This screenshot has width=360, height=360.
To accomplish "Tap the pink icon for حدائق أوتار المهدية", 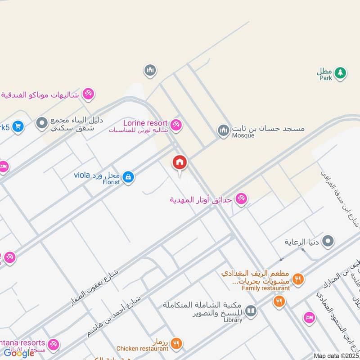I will click(241, 199).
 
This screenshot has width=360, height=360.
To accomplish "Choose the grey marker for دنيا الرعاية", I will click(328, 241).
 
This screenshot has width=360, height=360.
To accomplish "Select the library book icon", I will click(251, 311).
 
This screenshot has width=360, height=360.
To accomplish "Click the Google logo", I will click(19, 353).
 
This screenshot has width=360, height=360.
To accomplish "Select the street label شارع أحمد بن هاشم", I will click(114, 316).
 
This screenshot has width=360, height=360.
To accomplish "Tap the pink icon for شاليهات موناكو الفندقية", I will click(88, 94).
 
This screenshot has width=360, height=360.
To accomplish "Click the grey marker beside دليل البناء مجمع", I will click(42, 122).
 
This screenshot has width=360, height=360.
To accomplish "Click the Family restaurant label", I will click(265, 288).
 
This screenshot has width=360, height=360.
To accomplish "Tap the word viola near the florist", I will click(82, 175).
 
